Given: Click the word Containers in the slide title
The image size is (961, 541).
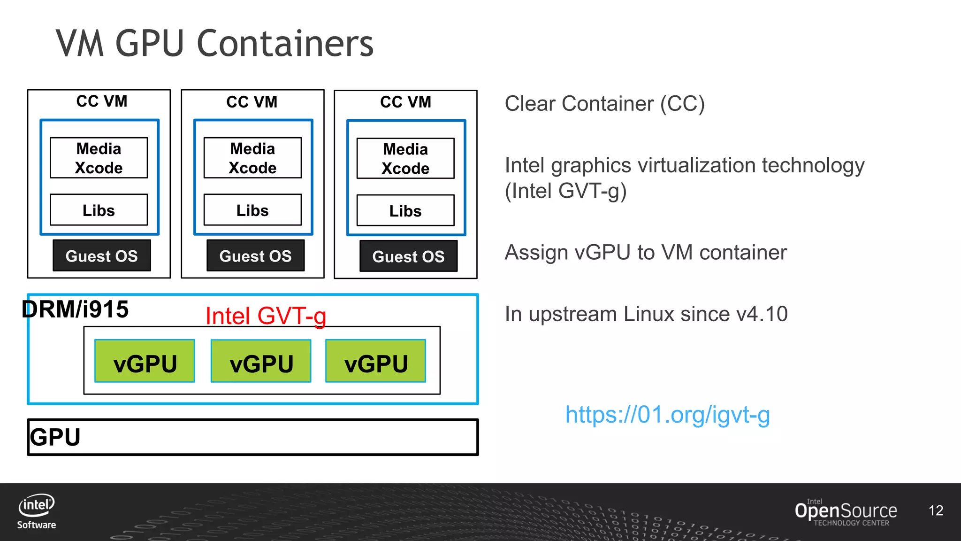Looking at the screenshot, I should tap(285, 44).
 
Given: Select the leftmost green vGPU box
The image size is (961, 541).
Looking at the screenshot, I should tap(145, 361).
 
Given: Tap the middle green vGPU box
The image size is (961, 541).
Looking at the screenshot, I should tap(261, 361).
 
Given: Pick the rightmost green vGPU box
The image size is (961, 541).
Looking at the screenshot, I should tap(375, 361).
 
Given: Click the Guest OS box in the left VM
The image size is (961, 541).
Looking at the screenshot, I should tap(101, 256).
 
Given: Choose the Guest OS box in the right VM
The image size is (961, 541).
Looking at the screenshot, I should tap(408, 256).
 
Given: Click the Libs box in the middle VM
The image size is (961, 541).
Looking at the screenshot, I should tap(252, 210).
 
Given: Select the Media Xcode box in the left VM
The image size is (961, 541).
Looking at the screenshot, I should tap(99, 158).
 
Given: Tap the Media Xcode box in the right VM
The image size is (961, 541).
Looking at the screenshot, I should tap(405, 159).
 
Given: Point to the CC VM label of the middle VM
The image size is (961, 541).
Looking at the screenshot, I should tap(252, 102).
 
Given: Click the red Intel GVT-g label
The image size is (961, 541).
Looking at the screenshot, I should tap(266, 316).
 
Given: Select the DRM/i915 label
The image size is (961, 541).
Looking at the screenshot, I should tap(75, 309).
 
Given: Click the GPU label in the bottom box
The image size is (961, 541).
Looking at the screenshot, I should tap(55, 437).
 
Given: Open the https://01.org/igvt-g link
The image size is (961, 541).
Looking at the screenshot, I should tap(667, 415).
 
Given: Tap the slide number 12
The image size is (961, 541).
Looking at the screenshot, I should tap(936, 510).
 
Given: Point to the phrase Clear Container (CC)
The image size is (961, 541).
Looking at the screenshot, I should tap(604, 104).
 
